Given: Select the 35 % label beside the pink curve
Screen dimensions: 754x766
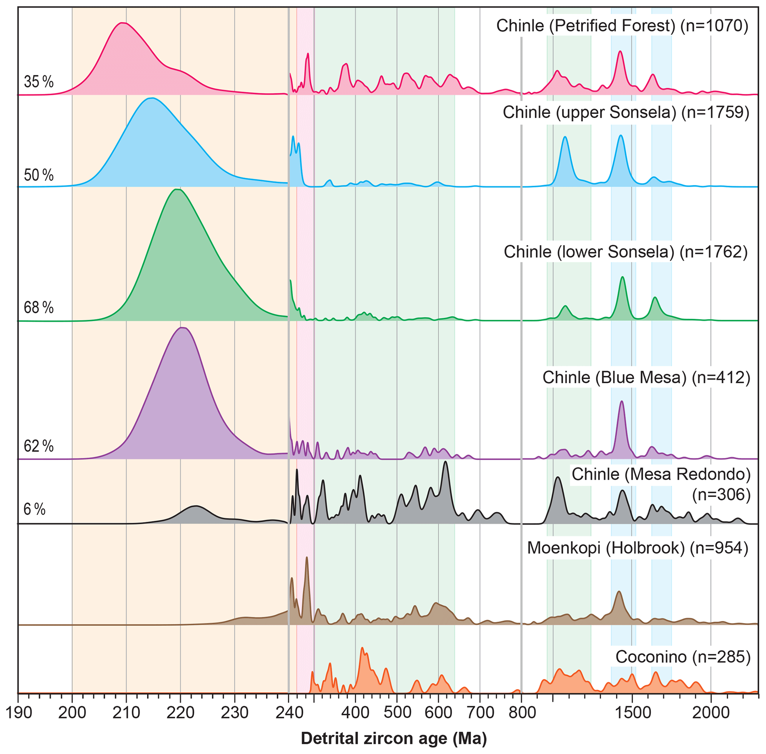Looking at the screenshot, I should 39,82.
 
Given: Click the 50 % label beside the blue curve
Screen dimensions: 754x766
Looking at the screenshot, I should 39,175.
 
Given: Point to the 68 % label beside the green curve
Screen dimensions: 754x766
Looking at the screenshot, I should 39,307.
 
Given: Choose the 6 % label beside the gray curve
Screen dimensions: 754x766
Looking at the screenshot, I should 34,509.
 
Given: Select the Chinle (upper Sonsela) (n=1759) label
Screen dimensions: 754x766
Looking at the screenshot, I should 626,113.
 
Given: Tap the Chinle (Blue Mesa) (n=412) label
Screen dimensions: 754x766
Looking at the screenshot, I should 646,378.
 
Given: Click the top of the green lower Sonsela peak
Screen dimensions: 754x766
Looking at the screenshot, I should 177,189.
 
